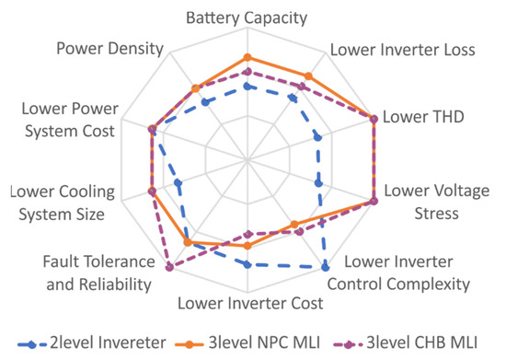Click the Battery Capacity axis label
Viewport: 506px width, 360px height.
[246, 17]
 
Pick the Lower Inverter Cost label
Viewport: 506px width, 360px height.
[250, 302]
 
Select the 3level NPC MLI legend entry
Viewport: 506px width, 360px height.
[252, 343]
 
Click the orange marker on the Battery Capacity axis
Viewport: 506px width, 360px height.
[247, 57]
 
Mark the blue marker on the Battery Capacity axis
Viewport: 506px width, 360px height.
[247, 86]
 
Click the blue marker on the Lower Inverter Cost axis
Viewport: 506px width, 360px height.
[247, 264]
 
